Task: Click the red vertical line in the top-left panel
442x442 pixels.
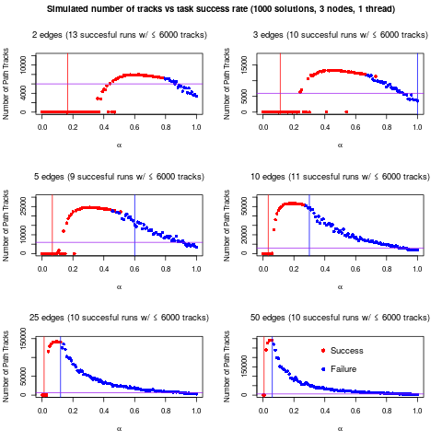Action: click(x=67, y=69)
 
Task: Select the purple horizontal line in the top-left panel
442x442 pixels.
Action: click(x=138, y=84)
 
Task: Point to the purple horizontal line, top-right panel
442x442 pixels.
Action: click(x=350, y=92)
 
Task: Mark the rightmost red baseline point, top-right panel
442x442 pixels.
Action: click(x=346, y=111)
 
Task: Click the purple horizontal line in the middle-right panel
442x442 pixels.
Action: click(x=368, y=248)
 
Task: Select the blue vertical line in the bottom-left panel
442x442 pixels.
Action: click(x=61, y=368)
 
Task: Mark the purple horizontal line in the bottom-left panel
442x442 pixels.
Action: click(x=129, y=393)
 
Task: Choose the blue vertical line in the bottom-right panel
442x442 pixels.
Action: click(x=273, y=368)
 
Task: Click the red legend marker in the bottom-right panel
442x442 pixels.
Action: click(x=323, y=350)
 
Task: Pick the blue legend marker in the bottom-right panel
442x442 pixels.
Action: click(x=323, y=369)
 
